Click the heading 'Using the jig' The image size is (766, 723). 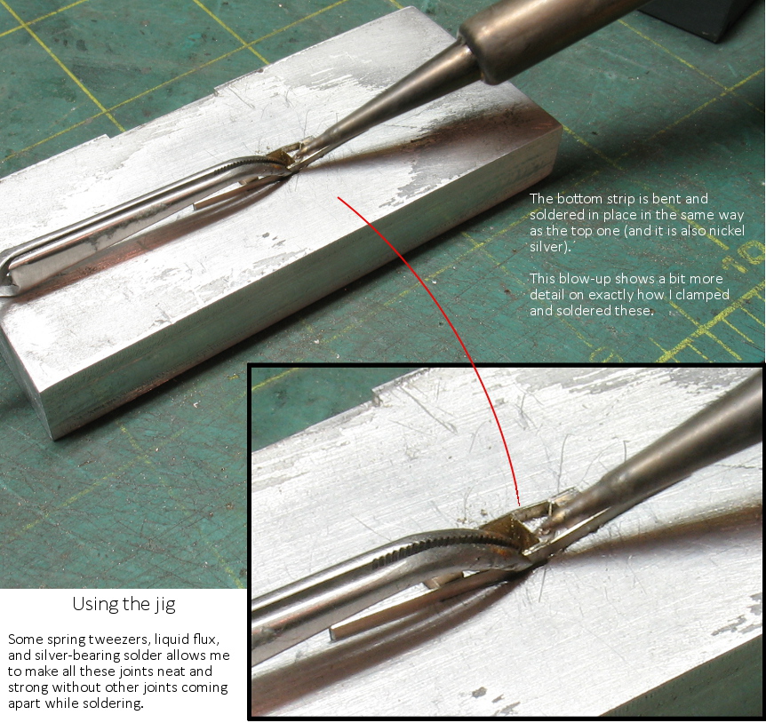click(x=124, y=604)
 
